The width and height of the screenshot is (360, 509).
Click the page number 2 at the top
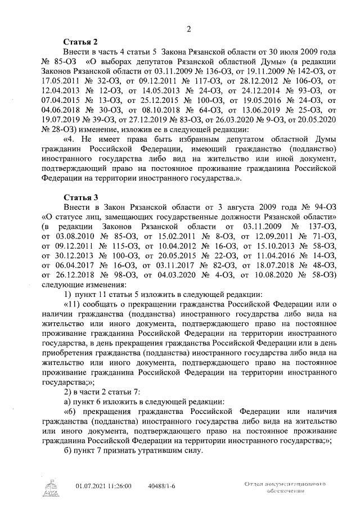pos(189,29)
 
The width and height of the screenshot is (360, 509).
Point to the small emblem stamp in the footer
pos(51,487)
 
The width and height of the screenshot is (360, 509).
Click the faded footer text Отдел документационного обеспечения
pos(285,487)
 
